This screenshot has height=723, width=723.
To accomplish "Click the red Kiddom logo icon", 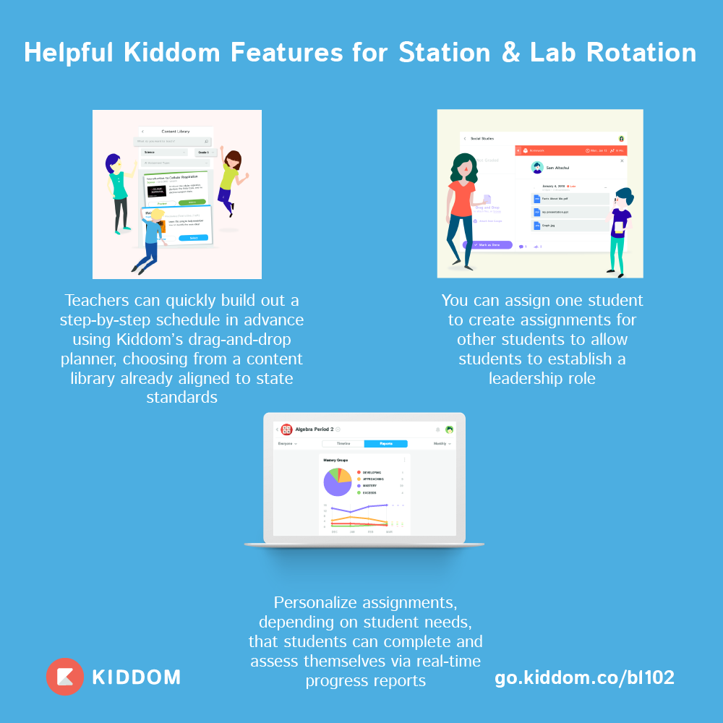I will (x=65, y=677).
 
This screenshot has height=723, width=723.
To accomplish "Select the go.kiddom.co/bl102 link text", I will (x=584, y=677).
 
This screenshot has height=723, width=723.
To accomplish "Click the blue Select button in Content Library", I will (x=193, y=238).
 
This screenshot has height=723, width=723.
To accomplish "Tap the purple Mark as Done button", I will (x=487, y=245).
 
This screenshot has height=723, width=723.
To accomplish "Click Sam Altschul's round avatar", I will (x=537, y=168).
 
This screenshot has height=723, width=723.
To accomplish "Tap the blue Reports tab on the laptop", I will (x=386, y=444).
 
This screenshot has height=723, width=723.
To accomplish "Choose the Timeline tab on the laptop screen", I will (x=343, y=444).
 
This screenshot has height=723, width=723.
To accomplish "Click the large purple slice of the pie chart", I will (x=335, y=484).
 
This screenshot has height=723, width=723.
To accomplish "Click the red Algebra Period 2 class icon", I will (x=287, y=429).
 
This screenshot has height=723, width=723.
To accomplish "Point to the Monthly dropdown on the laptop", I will (x=442, y=444).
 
